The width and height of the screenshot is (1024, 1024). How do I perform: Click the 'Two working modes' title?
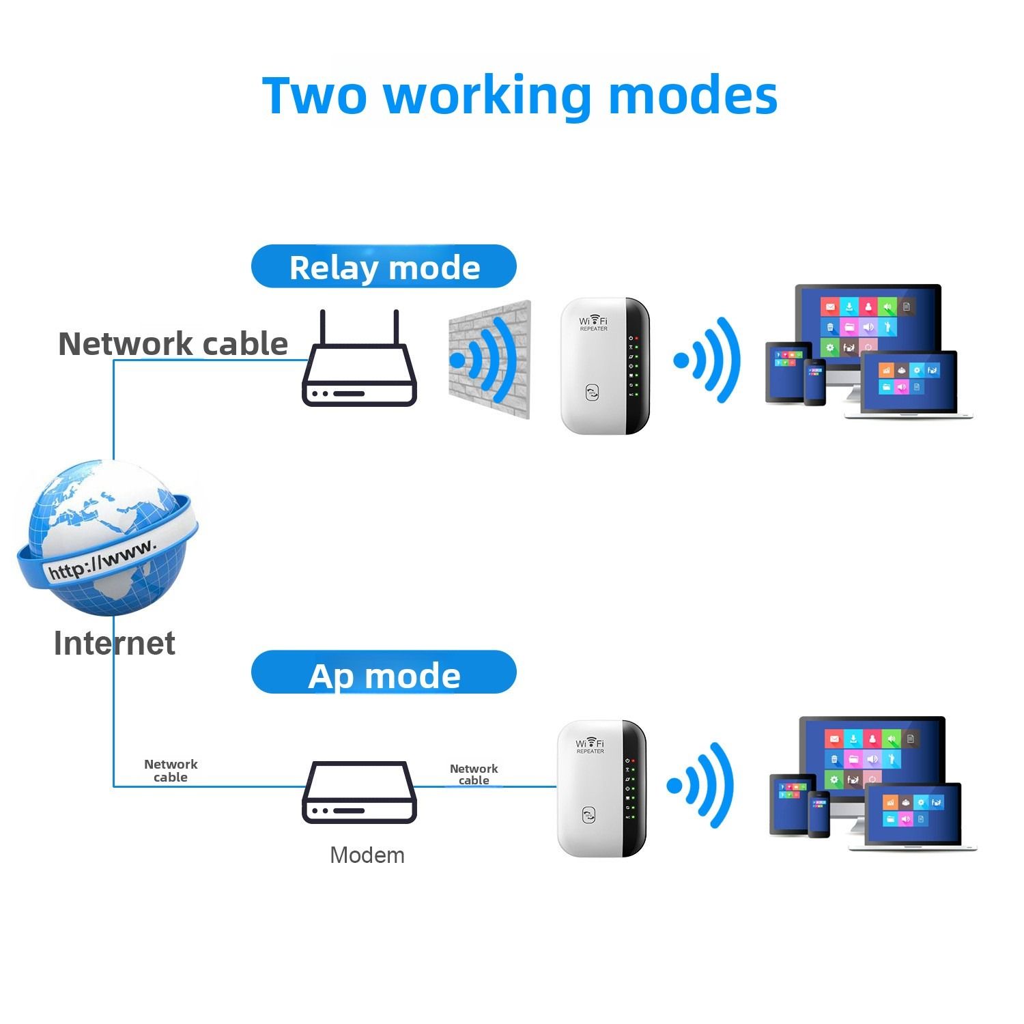(x=520, y=96)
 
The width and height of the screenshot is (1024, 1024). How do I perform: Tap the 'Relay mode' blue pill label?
(x=384, y=267)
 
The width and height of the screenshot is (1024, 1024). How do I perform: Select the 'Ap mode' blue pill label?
(x=384, y=674)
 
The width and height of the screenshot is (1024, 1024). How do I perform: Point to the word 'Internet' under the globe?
(x=114, y=643)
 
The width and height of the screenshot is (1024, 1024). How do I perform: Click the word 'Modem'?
(x=367, y=855)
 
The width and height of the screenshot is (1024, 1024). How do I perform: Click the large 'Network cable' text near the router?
(x=173, y=343)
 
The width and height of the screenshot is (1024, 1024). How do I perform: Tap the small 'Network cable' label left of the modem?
(x=171, y=771)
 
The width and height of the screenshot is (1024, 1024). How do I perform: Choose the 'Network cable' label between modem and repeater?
(x=474, y=774)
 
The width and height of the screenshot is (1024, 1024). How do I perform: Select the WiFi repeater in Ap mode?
(x=601, y=788)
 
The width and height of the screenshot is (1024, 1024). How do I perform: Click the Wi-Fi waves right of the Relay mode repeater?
(x=708, y=360)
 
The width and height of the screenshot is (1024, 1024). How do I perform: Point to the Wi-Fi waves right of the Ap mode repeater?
(x=701, y=785)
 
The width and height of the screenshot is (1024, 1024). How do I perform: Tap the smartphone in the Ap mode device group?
(x=818, y=814)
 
